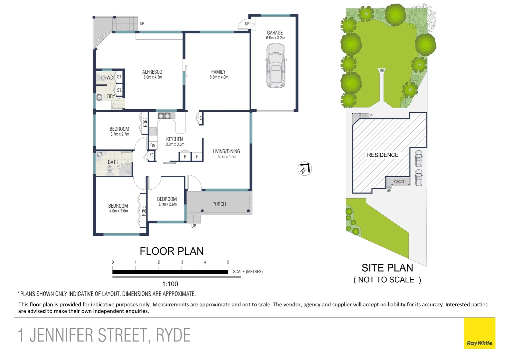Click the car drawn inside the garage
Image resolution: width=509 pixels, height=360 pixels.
tap(275, 66)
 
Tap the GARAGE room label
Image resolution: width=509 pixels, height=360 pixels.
tap(275, 33)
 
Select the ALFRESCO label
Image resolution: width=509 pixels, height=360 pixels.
tap(152, 72)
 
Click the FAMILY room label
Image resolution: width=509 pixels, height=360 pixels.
tap(219, 72)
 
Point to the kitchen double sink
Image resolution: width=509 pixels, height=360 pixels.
tap(164, 116)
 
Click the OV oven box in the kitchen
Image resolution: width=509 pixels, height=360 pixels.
tap(153, 145)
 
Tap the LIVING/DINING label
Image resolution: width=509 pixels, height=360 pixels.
tap(226, 151)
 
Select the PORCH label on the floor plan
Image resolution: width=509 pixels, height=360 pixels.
tap(219, 204)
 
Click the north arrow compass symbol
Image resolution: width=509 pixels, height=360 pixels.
tap(304, 169)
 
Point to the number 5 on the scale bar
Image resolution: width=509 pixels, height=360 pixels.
tap(228, 262)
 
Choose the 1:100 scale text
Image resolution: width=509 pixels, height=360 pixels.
tap(170, 284)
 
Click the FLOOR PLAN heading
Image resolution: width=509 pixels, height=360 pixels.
tap(172, 251)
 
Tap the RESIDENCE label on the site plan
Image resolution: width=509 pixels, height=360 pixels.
tap(383, 155)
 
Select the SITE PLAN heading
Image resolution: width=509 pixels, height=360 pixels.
tap(387, 268)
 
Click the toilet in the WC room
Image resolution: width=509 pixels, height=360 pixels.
tap(101, 78)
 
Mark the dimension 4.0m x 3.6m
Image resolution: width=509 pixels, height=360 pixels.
tap(119, 211)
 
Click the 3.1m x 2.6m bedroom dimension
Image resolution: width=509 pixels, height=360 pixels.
tap(167, 204)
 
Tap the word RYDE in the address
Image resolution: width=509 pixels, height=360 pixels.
tap(173, 335)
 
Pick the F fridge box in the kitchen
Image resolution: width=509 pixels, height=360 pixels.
tap(197, 157)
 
